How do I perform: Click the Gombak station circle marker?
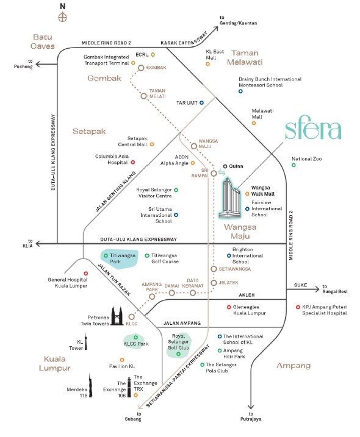tap(141, 68)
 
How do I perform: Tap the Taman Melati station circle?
tap(144, 96)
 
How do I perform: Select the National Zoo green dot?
tap(293, 165)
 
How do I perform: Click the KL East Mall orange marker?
tap(208, 63)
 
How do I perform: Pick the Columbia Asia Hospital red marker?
tap(132, 162)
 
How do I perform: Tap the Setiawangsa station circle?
tap(213, 269)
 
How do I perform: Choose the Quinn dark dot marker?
tap(225, 166)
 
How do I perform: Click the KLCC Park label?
tap(137, 344)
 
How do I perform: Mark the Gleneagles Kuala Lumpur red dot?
tap(229, 307)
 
